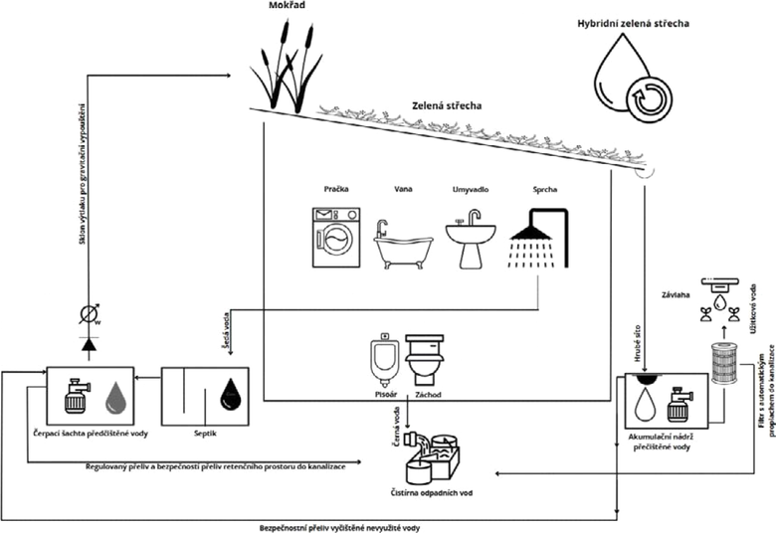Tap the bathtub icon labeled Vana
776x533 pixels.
click(x=403, y=247)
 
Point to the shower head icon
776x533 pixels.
click(x=538, y=239)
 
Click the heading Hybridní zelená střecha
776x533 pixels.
click(x=632, y=21)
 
